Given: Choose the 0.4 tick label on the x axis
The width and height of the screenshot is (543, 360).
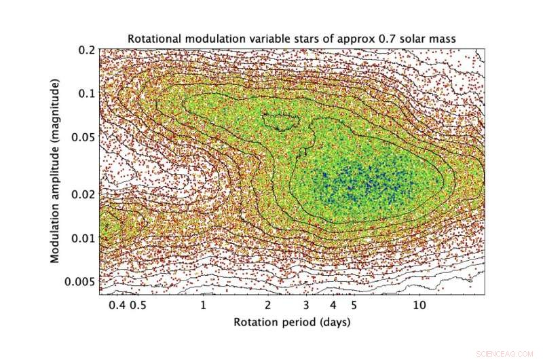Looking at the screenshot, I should [x=117, y=306].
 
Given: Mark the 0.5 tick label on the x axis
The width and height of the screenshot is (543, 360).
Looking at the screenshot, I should [x=139, y=306].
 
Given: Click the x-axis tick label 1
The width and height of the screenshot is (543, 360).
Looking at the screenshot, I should [x=203, y=306].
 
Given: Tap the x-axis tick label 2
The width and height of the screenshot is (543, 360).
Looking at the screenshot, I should [x=268, y=306].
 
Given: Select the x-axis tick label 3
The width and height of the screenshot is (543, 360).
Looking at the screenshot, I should [x=306, y=306].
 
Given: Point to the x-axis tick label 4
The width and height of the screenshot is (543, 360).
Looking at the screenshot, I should [x=333, y=306].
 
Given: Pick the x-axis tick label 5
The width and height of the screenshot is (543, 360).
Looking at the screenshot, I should [x=354, y=306].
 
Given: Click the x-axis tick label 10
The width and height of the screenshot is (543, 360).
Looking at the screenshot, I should [x=419, y=306].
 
